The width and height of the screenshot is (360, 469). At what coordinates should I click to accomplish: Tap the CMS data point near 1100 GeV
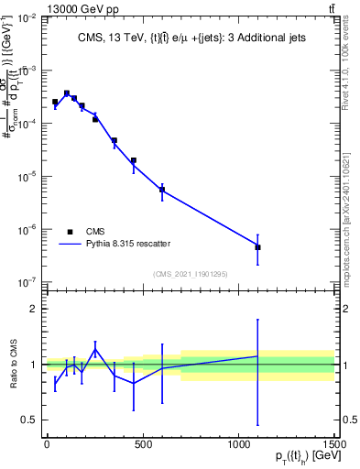coord(258,247)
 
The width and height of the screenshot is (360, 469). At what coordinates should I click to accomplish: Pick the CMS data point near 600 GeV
coord(162,190)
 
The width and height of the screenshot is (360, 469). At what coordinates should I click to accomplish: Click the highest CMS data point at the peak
coord(66,93)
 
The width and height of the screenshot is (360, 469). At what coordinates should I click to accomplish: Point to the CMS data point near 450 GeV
coord(133,160)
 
